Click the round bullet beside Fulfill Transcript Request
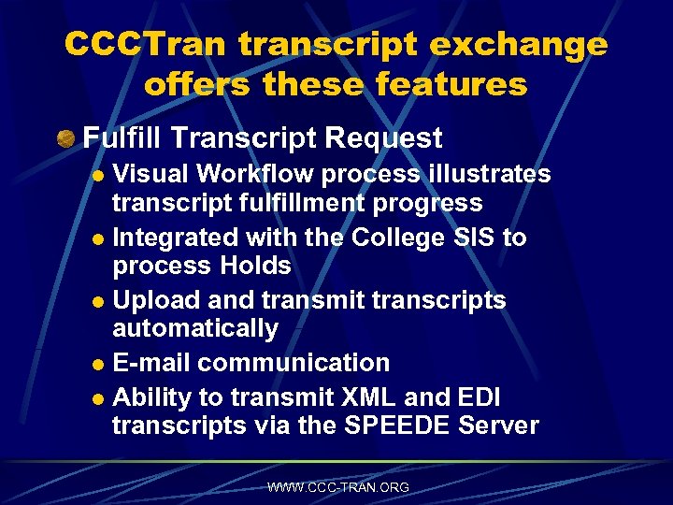click(x=64, y=140)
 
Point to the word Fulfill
click(x=118, y=139)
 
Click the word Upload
click(x=155, y=300)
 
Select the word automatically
click(x=195, y=328)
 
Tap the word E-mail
click(x=151, y=363)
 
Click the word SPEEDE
click(x=401, y=426)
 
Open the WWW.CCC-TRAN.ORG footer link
click(x=337, y=487)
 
